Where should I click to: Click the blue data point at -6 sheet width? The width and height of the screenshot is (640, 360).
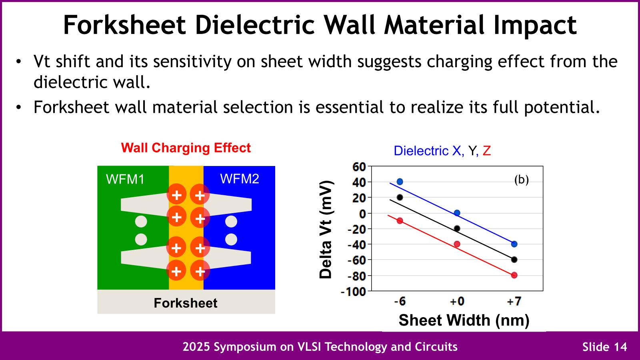click(400, 182)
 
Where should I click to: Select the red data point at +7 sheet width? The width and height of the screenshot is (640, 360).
click(514, 275)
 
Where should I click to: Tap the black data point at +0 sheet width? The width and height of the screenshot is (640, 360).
click(457, 228)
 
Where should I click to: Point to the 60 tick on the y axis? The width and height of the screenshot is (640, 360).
click(359, 167)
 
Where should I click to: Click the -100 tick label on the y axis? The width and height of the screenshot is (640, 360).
click(353, 292)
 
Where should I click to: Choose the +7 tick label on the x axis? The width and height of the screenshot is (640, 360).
click(514, 301)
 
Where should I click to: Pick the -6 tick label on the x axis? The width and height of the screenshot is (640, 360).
click(400, 301)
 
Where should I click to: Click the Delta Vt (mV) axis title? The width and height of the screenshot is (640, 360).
click(326, 229)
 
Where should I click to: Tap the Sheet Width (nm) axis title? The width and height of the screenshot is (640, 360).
click(464, 320)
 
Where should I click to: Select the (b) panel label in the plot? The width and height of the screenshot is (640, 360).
click(521, 180)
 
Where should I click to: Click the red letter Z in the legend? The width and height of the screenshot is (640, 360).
click(486, 151)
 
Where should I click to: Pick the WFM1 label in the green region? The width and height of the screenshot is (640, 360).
click(125, 179)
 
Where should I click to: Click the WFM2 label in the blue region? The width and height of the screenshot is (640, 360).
click(240, 178)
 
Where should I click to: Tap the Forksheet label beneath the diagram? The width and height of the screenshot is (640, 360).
click(186, 303)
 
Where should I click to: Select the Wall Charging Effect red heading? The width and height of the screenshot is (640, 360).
click(186, 148)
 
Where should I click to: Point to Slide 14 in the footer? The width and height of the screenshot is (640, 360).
click(604, 347)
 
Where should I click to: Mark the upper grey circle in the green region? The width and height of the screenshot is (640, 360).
click(141, 221)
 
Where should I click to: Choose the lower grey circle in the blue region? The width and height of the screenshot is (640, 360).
click(231, 240)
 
